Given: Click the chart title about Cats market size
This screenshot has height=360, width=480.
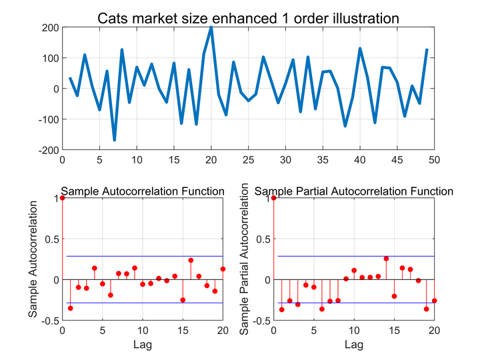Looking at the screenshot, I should [248, 18].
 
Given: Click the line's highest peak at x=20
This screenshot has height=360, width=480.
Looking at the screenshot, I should [211, 27].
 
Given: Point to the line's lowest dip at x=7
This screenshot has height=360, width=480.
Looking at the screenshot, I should [114, 140].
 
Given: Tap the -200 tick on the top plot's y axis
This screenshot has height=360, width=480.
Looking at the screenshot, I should [49, 150].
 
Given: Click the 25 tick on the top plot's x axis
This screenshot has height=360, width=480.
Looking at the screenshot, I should [248, 160].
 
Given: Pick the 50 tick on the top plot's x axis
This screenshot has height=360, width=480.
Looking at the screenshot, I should [434, 160].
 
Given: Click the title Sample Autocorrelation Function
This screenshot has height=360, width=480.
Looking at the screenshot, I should [143, 191].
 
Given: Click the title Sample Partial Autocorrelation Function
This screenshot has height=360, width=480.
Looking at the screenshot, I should [354, 191].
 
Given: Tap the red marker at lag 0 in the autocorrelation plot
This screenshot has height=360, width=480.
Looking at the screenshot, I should [63, 198].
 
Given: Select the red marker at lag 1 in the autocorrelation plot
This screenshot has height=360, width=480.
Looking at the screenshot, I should [71, 308].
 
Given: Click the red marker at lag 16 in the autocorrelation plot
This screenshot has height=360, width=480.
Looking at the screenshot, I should [191, 260].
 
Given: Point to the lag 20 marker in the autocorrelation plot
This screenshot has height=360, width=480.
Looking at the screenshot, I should [223, 269].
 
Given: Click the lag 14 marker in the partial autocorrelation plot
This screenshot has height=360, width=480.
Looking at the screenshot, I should [386, 259].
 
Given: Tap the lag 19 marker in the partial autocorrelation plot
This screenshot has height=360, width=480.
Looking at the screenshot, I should [426, 309].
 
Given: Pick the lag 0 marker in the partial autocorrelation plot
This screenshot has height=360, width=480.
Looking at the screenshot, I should [274, 198].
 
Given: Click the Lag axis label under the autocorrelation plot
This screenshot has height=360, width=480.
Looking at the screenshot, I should [142, 345].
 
